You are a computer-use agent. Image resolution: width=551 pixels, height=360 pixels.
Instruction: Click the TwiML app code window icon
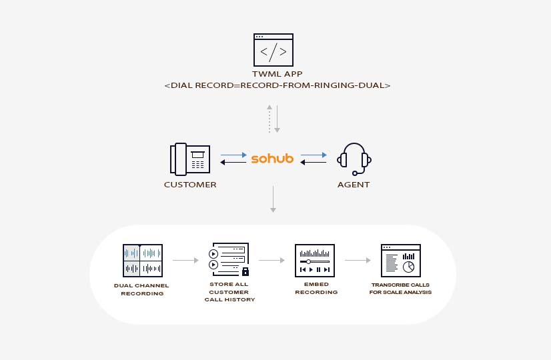273,50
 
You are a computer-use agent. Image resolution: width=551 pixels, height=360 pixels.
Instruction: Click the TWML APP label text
273,74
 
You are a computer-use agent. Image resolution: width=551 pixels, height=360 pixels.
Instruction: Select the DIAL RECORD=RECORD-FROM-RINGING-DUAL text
277,86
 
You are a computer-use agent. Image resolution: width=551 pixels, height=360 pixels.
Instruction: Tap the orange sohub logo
272,159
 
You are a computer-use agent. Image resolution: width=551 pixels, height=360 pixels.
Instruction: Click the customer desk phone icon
190,159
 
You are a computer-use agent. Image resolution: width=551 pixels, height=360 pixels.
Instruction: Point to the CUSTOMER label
190,185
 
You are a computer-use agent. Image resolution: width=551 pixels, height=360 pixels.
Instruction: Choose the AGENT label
354,185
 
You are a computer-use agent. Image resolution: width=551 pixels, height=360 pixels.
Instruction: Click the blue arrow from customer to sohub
233,155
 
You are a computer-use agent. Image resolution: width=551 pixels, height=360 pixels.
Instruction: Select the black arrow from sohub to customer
233,162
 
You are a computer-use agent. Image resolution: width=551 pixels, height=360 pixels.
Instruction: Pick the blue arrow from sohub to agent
314,155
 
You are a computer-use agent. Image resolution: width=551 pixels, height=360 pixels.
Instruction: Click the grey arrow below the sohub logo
273,199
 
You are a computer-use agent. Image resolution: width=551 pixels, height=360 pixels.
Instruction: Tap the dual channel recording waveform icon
143,260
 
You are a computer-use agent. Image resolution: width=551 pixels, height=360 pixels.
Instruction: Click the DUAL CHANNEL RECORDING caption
141,289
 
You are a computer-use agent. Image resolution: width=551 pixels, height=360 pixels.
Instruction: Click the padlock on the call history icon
245,271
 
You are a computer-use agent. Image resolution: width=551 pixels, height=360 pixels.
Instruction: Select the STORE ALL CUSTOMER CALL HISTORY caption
229,292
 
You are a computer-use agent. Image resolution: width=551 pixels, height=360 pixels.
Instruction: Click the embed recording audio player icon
314,260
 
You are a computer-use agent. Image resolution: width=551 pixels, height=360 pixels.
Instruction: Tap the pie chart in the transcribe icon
410,266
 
